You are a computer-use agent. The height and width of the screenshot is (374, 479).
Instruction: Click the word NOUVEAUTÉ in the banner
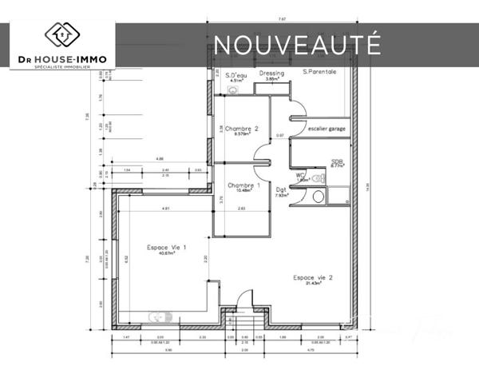(296, 43)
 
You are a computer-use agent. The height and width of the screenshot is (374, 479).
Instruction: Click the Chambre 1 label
(243, 185)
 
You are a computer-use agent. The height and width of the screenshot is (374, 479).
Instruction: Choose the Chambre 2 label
(241, 129)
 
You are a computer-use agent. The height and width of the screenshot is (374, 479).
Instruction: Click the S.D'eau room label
(236, 74)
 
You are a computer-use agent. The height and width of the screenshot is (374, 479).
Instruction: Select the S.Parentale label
(319, 72)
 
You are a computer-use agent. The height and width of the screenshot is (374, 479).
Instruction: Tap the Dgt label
(280, 190)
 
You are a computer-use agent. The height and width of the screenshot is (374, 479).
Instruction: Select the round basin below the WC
(318, 196)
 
